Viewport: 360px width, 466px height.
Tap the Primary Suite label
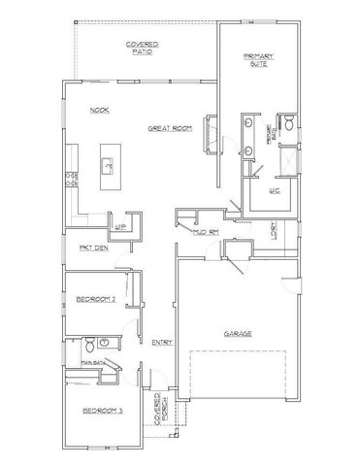(261, 62)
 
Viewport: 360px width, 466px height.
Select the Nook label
(99, 110)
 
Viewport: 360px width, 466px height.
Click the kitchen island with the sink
(108, 166)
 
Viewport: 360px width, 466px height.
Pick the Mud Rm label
(205, 233)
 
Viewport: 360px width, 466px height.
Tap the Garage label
(237, 332)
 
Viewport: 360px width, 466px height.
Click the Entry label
(161, 342)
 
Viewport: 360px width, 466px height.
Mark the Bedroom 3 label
(100, 412)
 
